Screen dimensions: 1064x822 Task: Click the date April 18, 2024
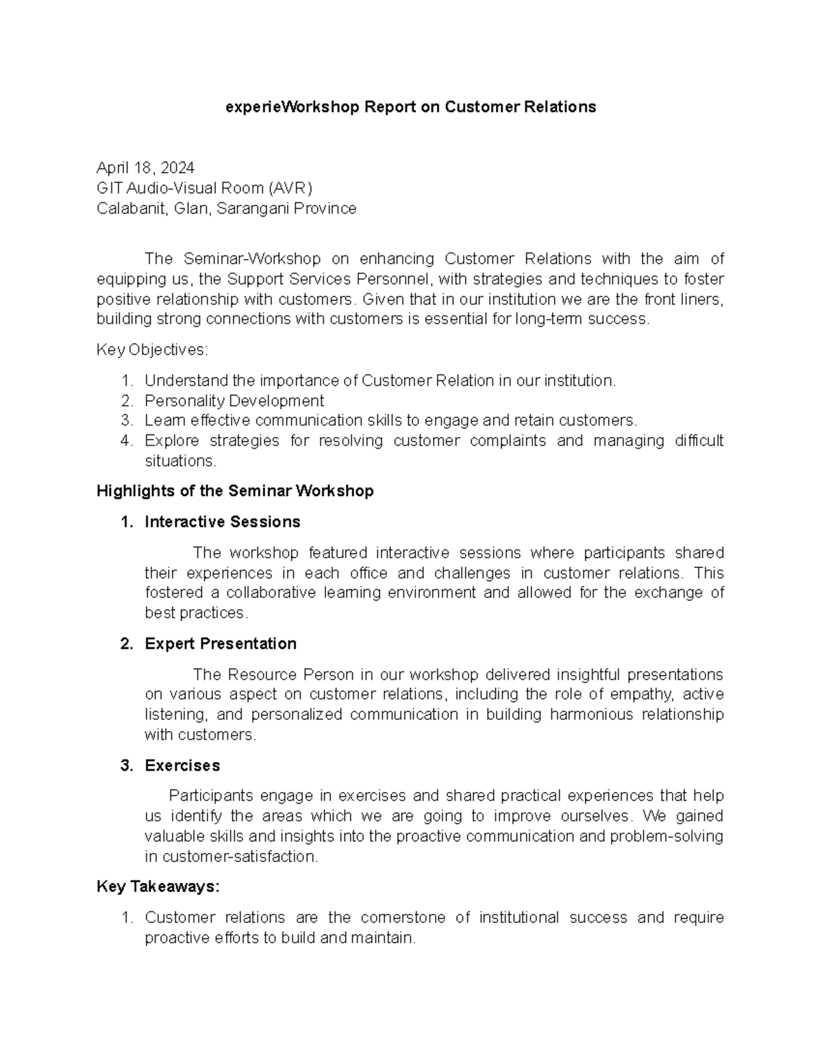[145, 169]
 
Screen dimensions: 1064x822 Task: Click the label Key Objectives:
[151, 350]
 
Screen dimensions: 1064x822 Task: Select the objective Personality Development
[234, 401]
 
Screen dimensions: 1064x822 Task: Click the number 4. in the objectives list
[127, 441]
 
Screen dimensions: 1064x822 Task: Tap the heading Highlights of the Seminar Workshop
[235, 491]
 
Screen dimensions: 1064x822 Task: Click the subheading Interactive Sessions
[222, 522]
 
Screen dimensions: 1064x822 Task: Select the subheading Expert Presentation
[220, 644]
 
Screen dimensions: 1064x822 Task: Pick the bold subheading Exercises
[182, 766]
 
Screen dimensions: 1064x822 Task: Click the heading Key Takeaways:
[158, 887]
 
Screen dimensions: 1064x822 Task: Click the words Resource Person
[291, 675]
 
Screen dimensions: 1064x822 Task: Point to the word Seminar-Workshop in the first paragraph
[252, 259]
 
